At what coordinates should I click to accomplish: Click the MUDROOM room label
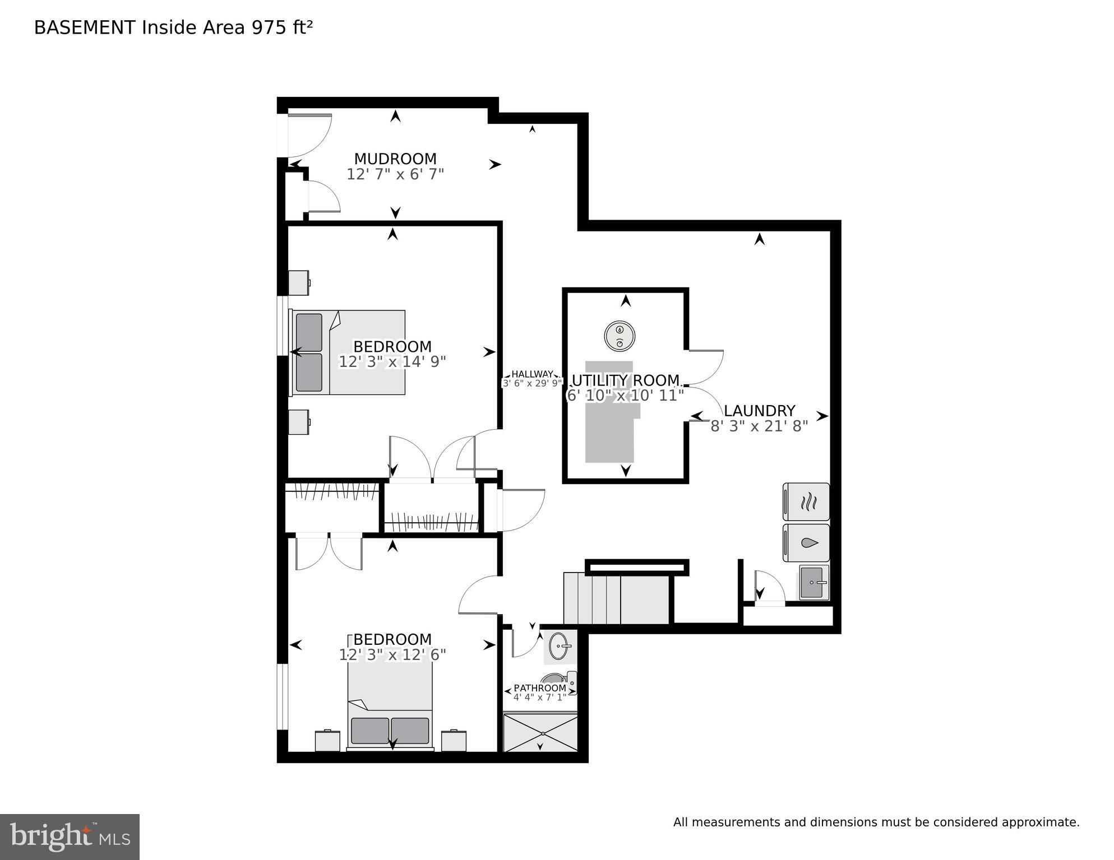point(395,159)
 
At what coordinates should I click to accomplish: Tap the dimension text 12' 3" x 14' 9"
point(392,362)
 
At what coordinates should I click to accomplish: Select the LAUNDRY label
point(759,411)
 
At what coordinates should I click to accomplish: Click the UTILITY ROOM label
point(625,380)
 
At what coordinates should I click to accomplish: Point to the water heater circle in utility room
point(620,336)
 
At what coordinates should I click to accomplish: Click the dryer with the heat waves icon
point(806,502)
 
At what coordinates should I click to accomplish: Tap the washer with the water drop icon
point(806,543)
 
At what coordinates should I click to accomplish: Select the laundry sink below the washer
point(814,583)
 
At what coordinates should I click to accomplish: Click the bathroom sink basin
point(558,647)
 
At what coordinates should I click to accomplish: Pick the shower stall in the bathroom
point(540,732)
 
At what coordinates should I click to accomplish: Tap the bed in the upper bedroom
point(348,352)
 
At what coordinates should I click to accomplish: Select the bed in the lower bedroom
point(390,706)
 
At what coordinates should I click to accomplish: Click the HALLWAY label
point(531,374)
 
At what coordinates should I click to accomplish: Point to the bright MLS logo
point(70,837)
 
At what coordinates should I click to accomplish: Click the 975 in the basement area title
point(269,27)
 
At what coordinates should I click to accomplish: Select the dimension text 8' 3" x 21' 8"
point(759,426)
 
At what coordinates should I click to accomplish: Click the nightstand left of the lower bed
point(327,741)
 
